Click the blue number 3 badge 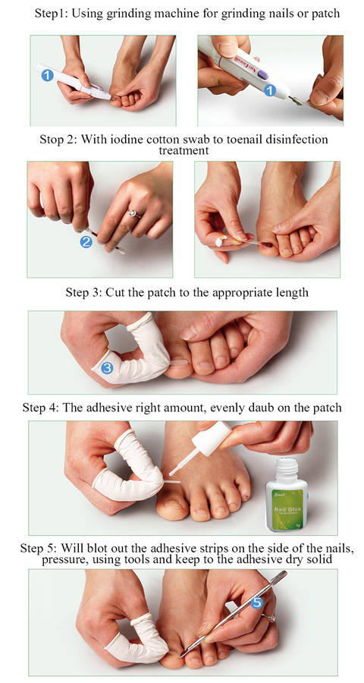pyautogui.click(x=107, y=368)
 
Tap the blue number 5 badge pyautogui.click(x=257, y=603)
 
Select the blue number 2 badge pyautogui.click(x=86, y=242)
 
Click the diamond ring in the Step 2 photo pyautogui.click(x=133, y=213)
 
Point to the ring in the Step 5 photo pyautogui.click(x=269, y=618)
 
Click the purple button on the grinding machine pyautogui.click(x=263, y=74)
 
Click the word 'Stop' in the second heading pyautogui.click(x=51, y=140)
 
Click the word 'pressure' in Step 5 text pyautogui.click(x=63, y=559)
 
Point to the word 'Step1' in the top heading pyautogui.click(x=49, y=14)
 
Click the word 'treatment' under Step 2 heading pyautogui.click(x=184, y=150)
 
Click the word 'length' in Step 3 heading pyautogui.click(x=293, y=292)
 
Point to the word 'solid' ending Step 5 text pyautogui.click(x=319, y=559)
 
